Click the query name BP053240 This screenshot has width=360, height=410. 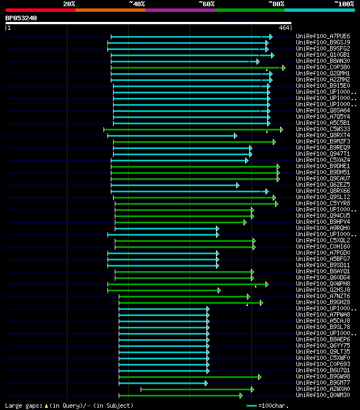[21, 19]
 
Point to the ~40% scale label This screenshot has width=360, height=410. [137, 4]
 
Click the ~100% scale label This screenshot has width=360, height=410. [344, 4]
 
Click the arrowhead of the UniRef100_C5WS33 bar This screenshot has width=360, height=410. [281, 129]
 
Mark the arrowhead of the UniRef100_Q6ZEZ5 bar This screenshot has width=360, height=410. [237, 185]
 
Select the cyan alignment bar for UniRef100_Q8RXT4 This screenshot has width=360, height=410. [172, 136]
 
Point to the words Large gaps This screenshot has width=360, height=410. [22, 406]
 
